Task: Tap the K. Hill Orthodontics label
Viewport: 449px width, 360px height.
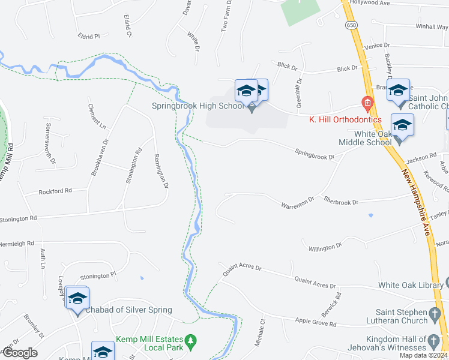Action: click(345, 119)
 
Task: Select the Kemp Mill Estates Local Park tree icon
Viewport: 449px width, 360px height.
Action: click(191, 343)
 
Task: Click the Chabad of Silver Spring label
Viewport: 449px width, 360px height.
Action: click(129, 310)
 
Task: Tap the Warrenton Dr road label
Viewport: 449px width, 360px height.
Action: click(298, 203)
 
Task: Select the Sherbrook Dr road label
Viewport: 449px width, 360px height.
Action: click(341, 202)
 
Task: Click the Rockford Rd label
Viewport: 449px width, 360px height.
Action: click(55, 191)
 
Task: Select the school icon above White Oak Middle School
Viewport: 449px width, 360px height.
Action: click(402, 125)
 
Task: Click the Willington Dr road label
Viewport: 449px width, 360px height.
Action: click(325, 246)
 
